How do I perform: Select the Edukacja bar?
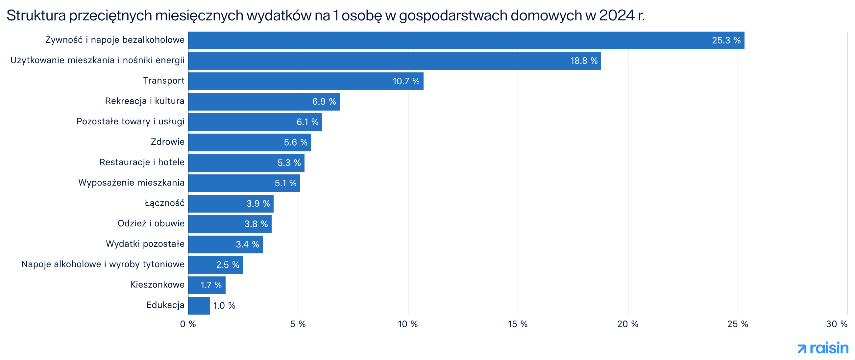pos(199,305)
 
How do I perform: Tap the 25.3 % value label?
pos(726,40)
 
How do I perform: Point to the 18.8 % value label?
pos(583,61)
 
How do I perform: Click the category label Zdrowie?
pos(167,142)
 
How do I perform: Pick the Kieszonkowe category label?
pos(157,285)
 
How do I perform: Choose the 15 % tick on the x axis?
pos(518,324)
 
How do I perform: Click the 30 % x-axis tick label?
pos(836,324)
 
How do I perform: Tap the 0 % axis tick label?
pos(188,324)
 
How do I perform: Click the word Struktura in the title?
pos(36,15)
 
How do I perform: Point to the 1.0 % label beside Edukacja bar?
pos(224,305)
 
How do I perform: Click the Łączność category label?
pos(164,203)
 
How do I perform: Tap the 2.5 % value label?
pos(227,265)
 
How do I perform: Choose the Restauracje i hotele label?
pos(142,162)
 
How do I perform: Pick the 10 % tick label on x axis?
pos(407,324)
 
